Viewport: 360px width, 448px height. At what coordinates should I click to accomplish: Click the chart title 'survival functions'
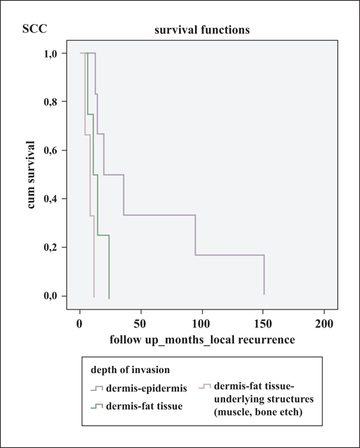tap(202, 30)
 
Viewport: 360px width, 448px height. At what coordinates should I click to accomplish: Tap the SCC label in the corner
tap(35, 29)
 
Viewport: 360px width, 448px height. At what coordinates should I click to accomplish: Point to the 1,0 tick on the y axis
tap(51, 54)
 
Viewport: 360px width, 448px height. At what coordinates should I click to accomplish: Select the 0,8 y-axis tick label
tap(51, 102)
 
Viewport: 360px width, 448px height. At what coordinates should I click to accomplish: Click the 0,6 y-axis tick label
tap(51, 150)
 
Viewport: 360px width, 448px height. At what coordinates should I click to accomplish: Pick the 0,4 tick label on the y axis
tap(51, 199)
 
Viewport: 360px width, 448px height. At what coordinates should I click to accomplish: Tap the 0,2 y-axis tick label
tap(51, 248)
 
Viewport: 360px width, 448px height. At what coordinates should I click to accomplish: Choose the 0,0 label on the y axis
tap(51, 296)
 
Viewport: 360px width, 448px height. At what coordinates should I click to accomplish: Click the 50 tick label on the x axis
tap(141, 324)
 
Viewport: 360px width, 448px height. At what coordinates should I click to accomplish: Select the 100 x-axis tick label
tap(201, 324)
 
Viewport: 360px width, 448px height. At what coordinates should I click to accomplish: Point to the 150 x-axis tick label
tap(263, 324)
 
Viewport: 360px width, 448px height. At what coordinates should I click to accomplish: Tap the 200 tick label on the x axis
tap(324, 324)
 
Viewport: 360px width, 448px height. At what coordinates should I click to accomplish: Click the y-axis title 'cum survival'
tap(31, 175)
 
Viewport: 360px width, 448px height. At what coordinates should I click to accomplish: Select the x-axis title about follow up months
tap(203, 340)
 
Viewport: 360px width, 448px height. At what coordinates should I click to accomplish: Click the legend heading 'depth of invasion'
tap(130, 370)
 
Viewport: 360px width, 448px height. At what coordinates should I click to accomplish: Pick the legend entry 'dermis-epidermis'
tap(146, 388)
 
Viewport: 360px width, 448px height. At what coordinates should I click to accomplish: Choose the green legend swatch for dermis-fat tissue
tap(97, 406)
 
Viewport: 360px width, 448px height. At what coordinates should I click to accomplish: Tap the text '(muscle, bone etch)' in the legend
tap(258, 412)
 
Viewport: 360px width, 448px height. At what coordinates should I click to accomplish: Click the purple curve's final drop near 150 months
tap(264, 275)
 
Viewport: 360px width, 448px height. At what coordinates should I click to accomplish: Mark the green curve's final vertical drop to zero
tap(109, 267)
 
